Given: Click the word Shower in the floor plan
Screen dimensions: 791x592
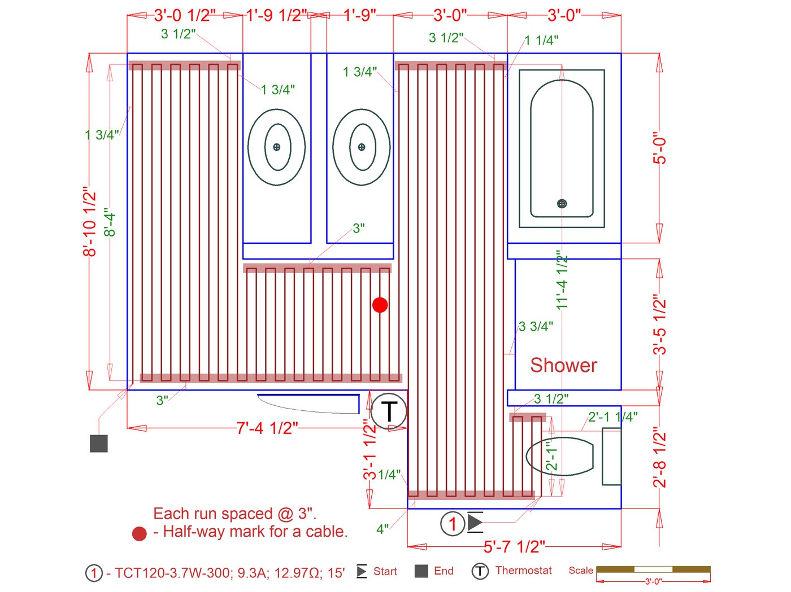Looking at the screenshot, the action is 563,365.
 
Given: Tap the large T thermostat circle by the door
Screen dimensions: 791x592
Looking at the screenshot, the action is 389,411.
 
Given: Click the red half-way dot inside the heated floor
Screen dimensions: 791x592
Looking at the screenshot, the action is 380,305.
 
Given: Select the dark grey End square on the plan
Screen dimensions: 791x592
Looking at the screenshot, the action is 99,444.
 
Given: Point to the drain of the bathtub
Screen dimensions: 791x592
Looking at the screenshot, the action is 562,204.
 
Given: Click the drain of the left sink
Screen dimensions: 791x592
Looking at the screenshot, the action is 276,147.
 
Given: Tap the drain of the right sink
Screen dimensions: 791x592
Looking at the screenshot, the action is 362,147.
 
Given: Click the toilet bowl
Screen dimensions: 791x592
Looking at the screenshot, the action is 560,457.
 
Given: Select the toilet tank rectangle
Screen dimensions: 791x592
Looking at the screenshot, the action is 611,457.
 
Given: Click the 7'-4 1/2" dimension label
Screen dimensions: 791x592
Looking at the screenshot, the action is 267,428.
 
